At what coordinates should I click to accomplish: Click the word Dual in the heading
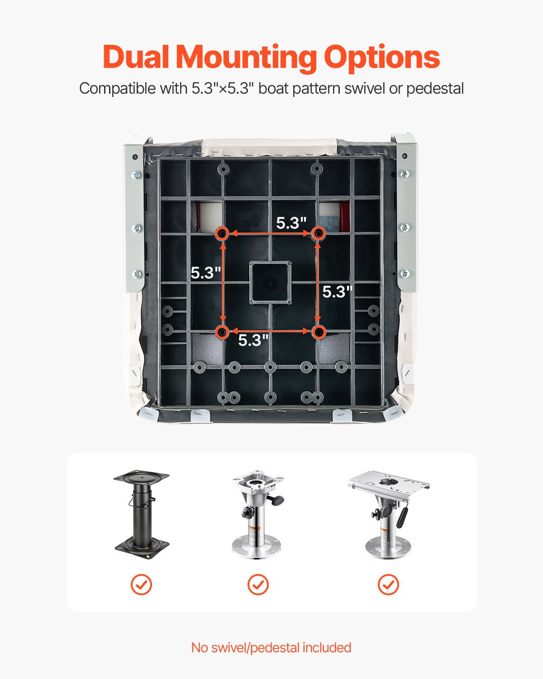point(136,57)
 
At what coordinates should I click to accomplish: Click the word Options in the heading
point(381,57)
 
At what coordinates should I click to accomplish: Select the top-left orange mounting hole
point(222,234)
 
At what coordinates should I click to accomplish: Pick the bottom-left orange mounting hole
point(222,332)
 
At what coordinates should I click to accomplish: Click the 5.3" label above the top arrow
point(291,223)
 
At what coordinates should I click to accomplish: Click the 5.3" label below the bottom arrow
point(253,340)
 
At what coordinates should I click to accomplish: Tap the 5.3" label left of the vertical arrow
point(205,273)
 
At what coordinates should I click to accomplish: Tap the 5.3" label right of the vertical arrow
point(337,292)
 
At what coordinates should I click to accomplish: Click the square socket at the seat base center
point(270,283)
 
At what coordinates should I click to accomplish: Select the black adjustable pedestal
point(141,512)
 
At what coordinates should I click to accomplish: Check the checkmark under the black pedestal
point(141,585)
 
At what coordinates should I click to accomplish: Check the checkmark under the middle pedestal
point(258,585)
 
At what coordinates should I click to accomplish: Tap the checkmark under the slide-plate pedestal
point(388,585)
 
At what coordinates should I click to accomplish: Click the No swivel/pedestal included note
point(271,648)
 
